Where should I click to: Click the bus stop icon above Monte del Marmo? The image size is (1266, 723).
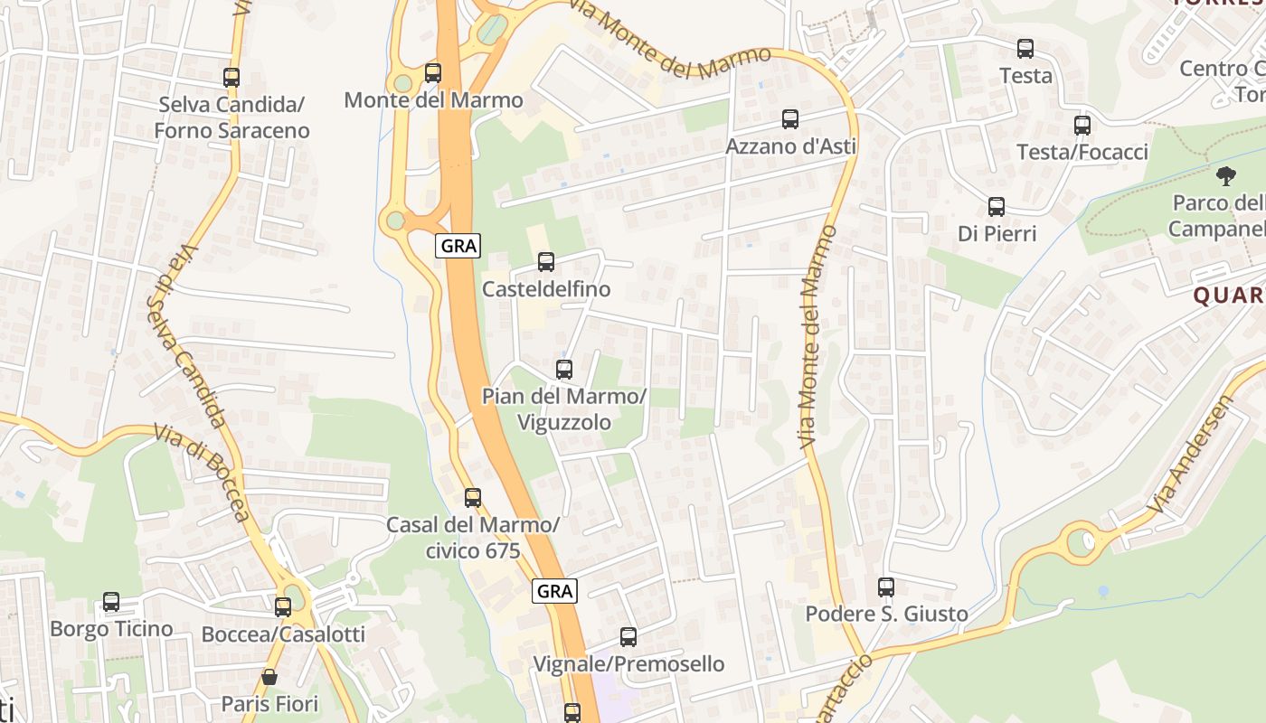(x=433, y=73)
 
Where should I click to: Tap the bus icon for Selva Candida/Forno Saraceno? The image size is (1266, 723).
(x=231, y=78)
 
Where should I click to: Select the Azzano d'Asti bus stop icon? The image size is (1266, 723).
(x=790, y=118)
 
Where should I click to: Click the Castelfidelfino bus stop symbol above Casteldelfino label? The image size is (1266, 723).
(x=546, y=262)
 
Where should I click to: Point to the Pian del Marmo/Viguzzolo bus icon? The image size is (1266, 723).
(x=564, y=369)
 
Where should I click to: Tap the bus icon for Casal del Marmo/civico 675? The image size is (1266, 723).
(x=472, y=497)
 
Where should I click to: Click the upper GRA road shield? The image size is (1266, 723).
(x=458, y=245)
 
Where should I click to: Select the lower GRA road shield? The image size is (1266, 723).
(x=554, y=591)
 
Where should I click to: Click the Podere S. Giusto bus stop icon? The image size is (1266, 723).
(x=886, y=587)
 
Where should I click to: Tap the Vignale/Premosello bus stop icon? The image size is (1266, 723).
(x=628, y=637)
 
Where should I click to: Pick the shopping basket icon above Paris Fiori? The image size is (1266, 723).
(x=269, y=676)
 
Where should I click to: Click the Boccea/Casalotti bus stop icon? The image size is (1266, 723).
(x=283, y=607)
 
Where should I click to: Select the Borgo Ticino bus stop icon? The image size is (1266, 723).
(x=111, y=602)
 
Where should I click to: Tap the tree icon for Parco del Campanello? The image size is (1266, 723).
(x=1225, y=175)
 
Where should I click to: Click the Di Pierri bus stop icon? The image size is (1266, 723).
(x=997, y=207)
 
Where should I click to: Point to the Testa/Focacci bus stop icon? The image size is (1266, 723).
(x=1082, y=126)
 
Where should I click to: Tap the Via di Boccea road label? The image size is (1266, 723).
(x=201, y=472)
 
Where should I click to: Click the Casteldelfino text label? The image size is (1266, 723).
(x=546, y=289)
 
